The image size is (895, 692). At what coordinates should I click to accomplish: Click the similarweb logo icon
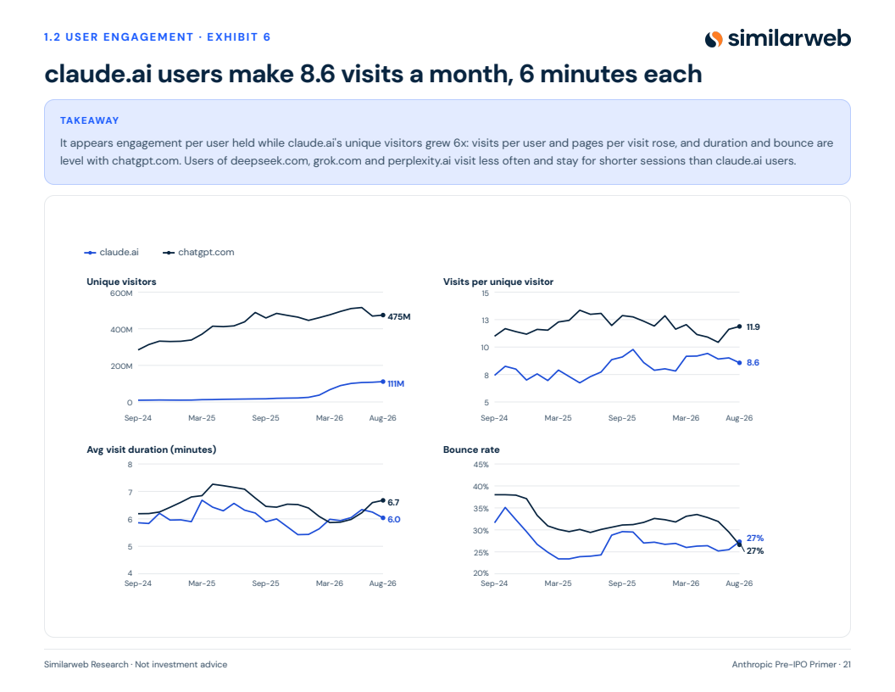[x=714, y=39]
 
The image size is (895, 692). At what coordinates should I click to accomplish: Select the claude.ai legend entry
[x=111, y=253]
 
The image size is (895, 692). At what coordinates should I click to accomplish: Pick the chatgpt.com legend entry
[x=198, y=253]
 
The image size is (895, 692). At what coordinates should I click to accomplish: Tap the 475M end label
[x=399, y=317]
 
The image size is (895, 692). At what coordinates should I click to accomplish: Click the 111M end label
[x=396, y=383]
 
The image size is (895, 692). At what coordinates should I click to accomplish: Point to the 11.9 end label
[x=753, y=327]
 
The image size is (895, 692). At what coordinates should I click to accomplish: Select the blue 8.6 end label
[x=753, y=363]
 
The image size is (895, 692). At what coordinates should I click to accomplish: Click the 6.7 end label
[x=393, y=502]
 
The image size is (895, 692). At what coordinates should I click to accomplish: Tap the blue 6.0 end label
[x=394, y=520]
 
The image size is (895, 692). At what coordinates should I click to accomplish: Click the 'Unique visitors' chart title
[x=121, y=282]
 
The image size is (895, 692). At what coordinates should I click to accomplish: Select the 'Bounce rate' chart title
[x=471, y=449]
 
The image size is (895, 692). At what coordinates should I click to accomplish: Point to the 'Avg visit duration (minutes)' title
[x=151, y=449]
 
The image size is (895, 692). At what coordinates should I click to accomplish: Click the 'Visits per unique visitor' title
[x=498, y=282]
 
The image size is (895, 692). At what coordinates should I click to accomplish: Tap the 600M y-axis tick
[x=121, y=293]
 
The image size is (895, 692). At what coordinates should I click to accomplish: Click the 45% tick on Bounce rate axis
[x=481, y=465]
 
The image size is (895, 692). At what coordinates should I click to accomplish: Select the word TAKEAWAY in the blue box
[x=90, y=120]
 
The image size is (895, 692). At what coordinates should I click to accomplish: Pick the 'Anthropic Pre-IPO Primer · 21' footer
[x=791, y=665]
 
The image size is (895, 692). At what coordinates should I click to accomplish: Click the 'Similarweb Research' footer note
[x=86, y=665]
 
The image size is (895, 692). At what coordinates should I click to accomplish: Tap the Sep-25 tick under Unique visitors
[x=265, y=418]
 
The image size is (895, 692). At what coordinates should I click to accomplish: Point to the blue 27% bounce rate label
[x=754, y=538]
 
